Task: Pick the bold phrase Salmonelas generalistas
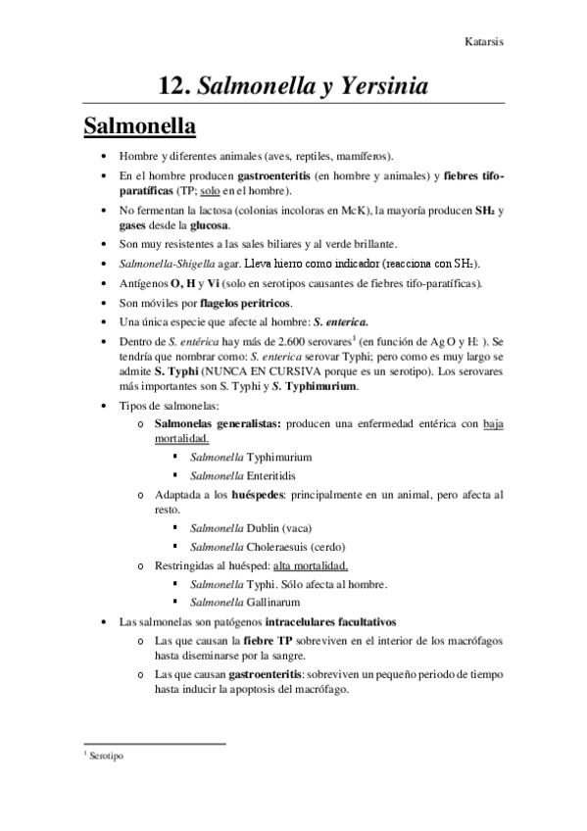coord(212,423)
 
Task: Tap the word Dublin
coord(264,527)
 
